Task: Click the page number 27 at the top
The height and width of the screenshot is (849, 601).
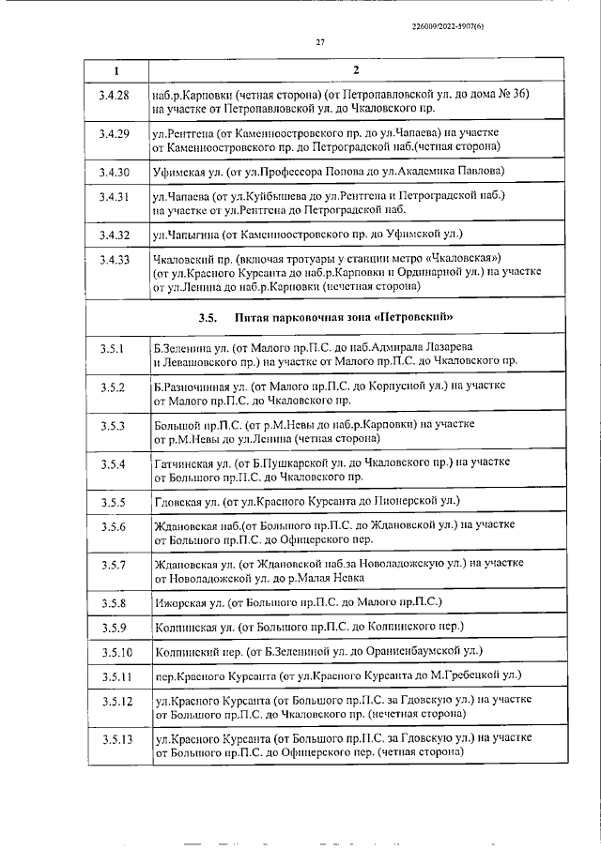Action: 320,42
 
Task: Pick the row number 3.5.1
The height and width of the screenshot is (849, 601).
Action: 114,349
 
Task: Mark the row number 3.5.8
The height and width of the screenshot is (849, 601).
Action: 114,601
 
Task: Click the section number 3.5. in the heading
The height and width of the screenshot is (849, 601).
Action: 208,317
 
